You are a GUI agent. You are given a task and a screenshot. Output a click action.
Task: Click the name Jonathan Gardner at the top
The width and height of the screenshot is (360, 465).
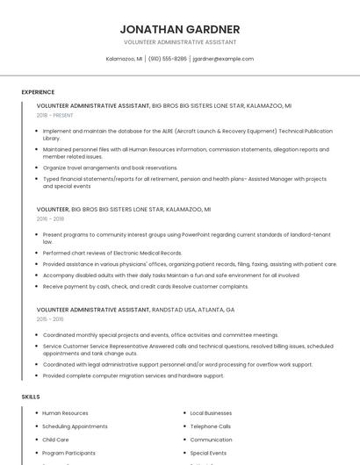click(x=179, y=28)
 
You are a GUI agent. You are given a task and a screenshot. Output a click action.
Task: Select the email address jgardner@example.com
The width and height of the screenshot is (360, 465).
click(x=223, y=59)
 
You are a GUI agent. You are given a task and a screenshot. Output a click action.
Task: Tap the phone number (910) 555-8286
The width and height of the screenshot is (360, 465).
click(x=168, y=59)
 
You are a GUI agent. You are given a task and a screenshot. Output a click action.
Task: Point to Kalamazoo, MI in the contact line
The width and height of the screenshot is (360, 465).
click(x=124, y=59)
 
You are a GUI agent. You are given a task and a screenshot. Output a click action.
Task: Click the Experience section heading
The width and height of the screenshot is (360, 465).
click(x=38, y=92)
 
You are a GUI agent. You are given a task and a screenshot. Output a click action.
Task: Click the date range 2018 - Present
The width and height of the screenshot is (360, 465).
click(x=55, y=115)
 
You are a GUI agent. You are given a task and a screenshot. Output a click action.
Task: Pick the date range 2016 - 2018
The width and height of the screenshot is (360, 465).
click(x=50, y=219)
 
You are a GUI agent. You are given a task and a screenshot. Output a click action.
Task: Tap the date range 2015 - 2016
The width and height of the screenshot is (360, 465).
click(x=50, y=319)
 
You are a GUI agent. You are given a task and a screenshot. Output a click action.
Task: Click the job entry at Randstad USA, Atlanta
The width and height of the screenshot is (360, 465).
click(x=135, y=310)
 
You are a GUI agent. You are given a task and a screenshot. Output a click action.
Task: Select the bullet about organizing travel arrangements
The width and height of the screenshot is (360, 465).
click(x=110, y=168)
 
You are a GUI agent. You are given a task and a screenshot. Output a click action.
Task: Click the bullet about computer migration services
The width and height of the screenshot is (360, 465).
click(x=133, y=376)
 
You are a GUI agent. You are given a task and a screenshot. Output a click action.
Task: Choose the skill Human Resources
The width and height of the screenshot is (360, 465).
click(x=65, y=413)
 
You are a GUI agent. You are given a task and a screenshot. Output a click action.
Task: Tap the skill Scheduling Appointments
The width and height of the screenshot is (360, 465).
click(x=75, y=426)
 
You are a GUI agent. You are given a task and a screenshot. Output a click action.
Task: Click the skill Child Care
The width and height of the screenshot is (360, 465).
click(x=55, y=440)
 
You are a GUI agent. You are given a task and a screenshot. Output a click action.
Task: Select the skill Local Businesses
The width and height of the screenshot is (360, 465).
click(x=211, y=413)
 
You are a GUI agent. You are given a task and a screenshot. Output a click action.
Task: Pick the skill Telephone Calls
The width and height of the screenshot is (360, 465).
click(x=210, y=426)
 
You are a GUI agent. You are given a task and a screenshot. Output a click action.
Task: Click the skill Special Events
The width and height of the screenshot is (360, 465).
click(x=208, y=453)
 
